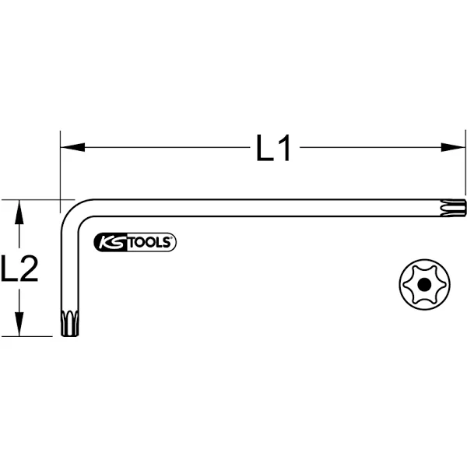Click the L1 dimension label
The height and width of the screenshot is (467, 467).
click(273, 148)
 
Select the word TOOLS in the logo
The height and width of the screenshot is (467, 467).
click(149, 243)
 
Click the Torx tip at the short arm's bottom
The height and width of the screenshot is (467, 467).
click(69, 323)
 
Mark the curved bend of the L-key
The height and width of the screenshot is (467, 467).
click(72, 212)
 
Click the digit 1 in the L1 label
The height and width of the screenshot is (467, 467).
click(285, 148)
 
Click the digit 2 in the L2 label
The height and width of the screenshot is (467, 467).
click(29, 269)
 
